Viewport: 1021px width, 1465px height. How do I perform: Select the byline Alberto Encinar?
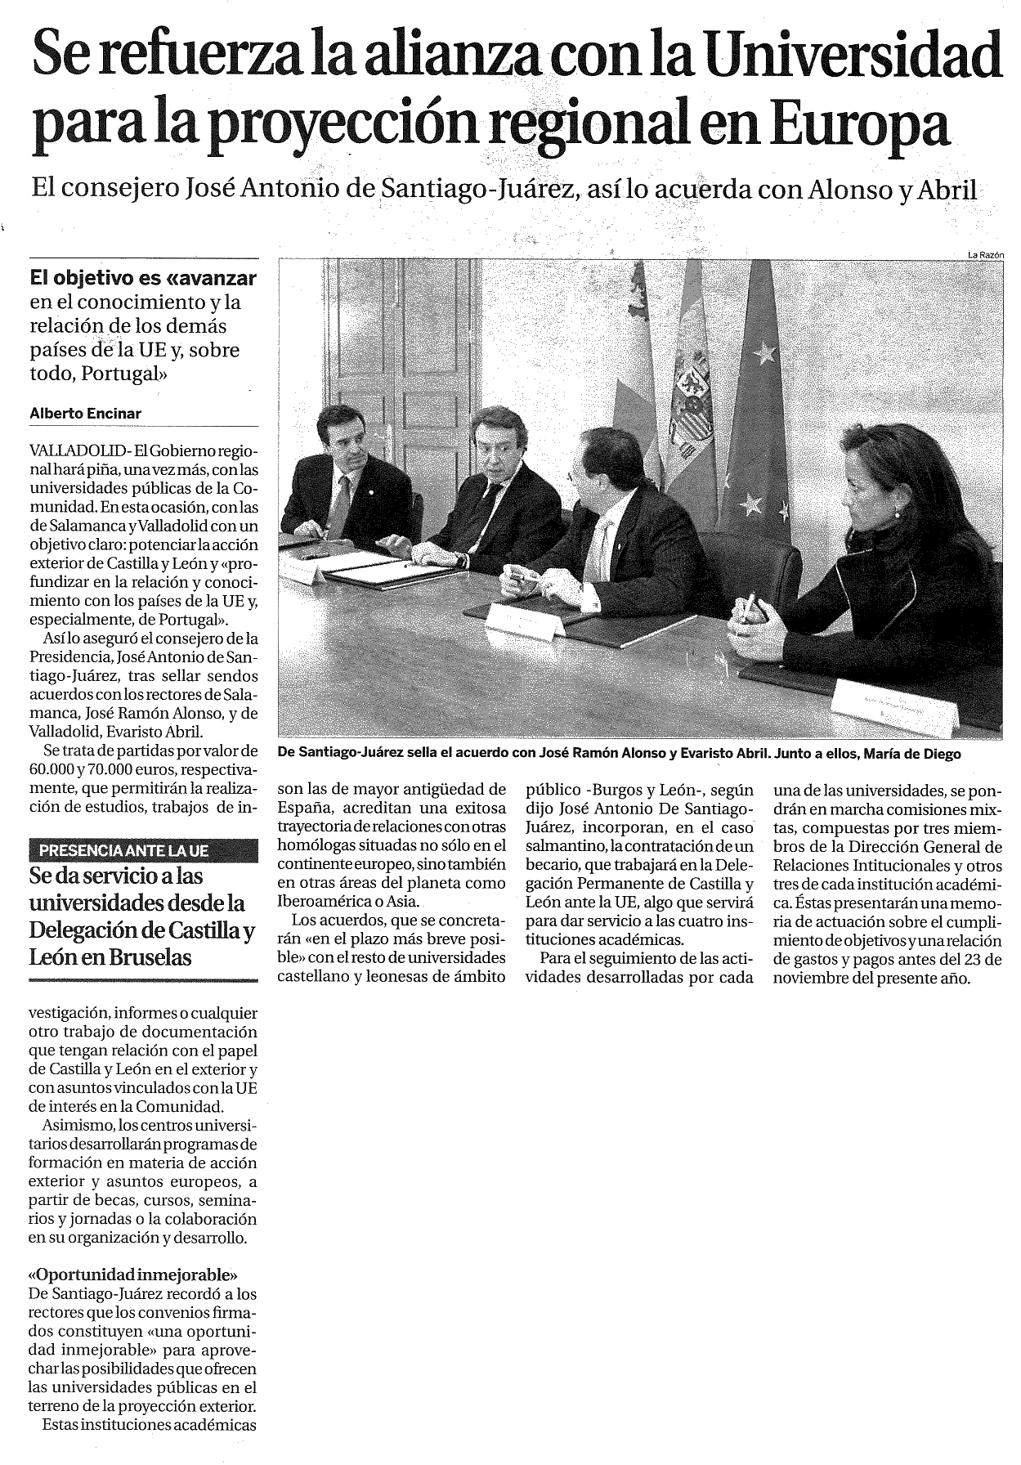coord(85,414)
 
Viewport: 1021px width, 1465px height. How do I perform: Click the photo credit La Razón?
coord(985,255)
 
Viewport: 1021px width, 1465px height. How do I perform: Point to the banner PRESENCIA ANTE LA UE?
coord(123,850)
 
